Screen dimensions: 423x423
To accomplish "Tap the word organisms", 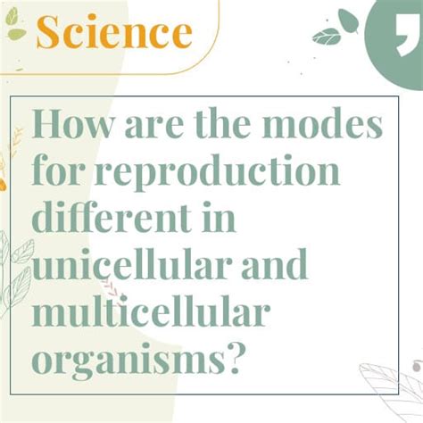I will coord(125,360).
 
